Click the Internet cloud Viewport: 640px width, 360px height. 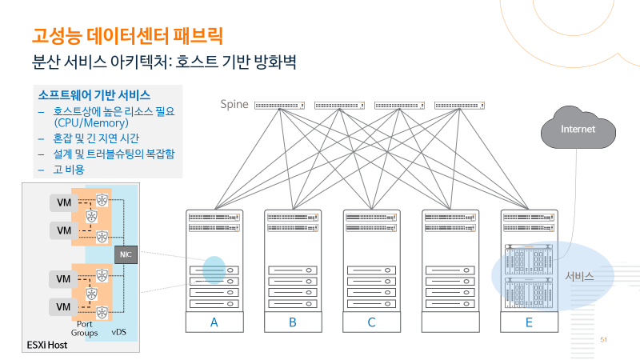578,129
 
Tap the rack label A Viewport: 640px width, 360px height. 214,322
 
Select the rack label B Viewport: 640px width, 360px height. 293,322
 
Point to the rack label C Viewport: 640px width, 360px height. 371,322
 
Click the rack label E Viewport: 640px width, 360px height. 529,322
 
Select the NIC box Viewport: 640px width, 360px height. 125,254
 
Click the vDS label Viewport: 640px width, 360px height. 120,330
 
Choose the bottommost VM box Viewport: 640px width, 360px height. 61,307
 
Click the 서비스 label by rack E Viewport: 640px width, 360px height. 579,276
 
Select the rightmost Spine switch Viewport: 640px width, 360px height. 460,106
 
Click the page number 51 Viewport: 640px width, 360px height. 604,340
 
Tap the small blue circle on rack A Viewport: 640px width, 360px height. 214,270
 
